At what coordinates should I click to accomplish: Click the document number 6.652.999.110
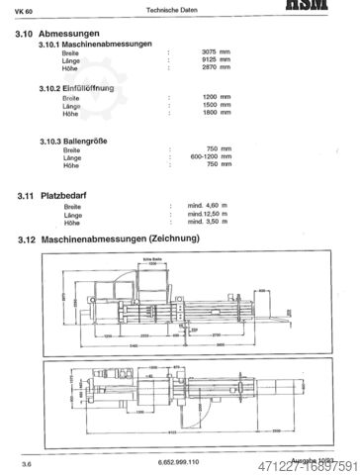click(x=177, y=461)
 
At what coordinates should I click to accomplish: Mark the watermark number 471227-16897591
click(x=309, y=466)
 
